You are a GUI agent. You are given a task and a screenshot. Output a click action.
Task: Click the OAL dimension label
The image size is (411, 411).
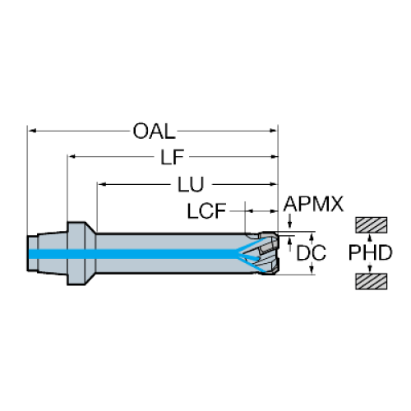tap(154, 131)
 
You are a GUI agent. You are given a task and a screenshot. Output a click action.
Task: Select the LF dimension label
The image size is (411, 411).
tap(172, 157)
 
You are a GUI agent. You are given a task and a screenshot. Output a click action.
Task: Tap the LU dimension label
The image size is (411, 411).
tap(191, 184)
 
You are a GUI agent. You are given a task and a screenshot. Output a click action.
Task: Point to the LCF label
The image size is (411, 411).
tap(206, 211)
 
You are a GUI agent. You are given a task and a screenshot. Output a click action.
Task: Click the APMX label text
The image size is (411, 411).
tap(313, 204)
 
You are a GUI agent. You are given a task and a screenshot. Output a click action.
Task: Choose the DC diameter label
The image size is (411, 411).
tap(311, 252)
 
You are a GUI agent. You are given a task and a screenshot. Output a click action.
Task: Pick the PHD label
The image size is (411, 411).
tap(370, 252)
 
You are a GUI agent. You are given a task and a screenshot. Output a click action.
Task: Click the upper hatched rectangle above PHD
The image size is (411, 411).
tap(372, 225)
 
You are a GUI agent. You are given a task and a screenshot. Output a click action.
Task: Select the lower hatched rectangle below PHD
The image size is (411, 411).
tap(372, 281)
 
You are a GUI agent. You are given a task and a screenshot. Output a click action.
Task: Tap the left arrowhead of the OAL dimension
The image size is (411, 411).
tap(32, 131)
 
